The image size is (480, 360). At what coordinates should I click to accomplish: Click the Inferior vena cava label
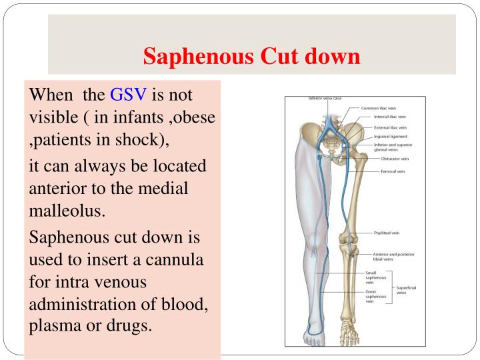click(325, 99)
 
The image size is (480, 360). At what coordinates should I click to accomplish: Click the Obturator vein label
click(395, 159)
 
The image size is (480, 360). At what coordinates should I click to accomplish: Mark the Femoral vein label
click(393, 171)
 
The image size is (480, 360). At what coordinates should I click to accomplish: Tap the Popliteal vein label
click(387, 233)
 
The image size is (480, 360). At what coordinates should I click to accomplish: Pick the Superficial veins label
click(406, 290)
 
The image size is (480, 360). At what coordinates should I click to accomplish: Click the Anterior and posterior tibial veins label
click(391, 257)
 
